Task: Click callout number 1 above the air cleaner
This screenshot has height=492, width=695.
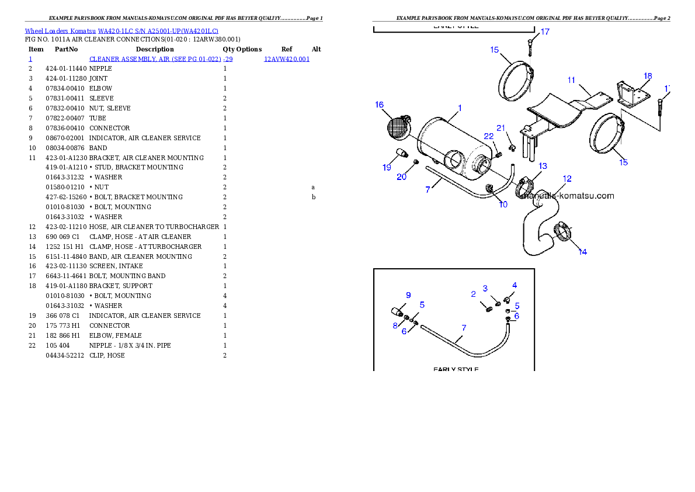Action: [460, 108]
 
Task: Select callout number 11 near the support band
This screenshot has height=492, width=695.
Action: [571, 80]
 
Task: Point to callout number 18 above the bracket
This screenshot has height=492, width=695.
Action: [647, 76]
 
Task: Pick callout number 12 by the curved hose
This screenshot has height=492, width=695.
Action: [567, 179]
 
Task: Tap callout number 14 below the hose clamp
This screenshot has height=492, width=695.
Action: [582, 252]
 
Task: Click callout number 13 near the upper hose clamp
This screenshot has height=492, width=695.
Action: [543, 167]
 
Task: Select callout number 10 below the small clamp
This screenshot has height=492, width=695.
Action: [503, 205]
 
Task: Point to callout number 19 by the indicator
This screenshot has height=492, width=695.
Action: [387, 168]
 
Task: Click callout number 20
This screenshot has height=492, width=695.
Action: [401, 177]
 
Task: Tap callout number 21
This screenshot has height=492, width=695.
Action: [501, 128]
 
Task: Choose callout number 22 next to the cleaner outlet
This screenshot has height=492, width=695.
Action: [488, 136]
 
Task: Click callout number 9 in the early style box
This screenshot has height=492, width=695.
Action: [408, 294]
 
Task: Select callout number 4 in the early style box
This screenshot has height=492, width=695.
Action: [514, 285]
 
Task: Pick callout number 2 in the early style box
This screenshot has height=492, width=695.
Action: [473, 294]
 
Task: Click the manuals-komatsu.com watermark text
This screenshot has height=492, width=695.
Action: [568, 196]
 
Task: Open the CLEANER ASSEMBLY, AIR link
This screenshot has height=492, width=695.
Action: [161, 59]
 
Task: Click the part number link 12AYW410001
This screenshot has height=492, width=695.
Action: [286, 59]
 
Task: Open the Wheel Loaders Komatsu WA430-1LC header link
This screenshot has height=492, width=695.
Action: [121, 30]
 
